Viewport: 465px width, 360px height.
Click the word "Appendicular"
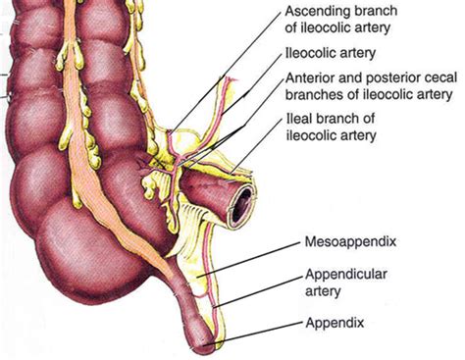point(337,274)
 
